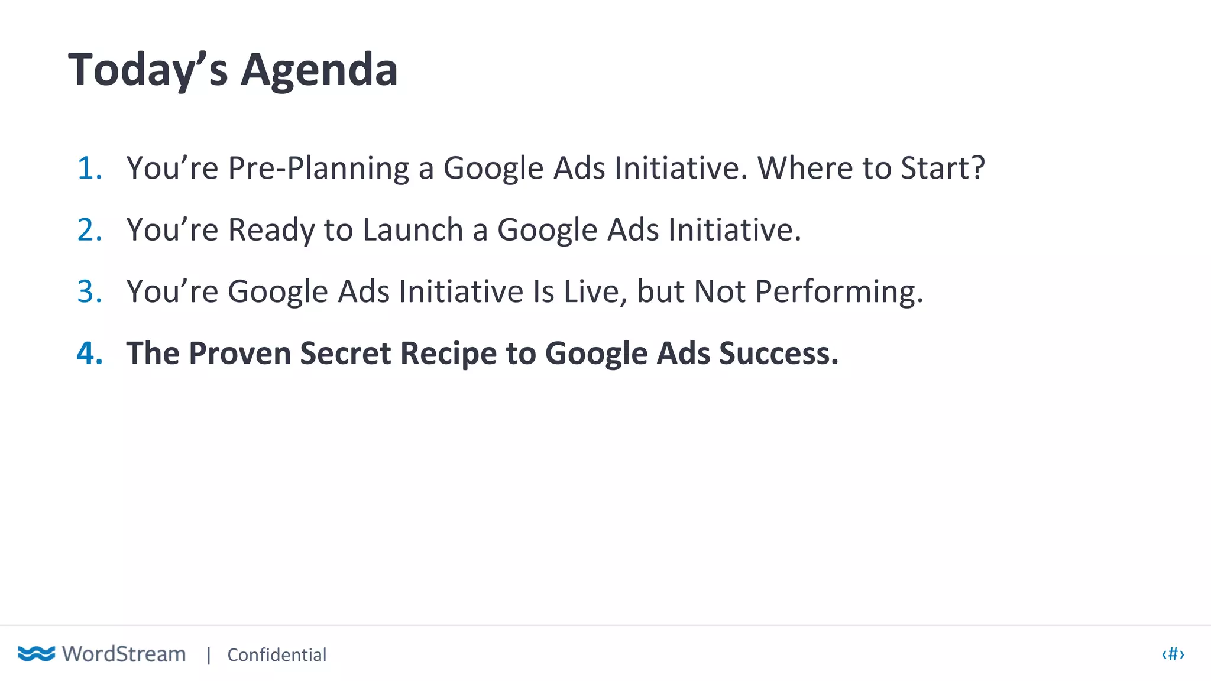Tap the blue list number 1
(89, 168)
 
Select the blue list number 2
(89, 230)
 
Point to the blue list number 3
(89, 291)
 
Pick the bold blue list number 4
(89, 353)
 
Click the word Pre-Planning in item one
(319, 168)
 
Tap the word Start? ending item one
(943, 168)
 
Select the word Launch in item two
(413, 230)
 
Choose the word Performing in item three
(838, 293)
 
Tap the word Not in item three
(719, 291)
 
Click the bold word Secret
(345, 353)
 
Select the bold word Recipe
(449, 354)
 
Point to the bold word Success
(778, 353)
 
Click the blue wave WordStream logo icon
(36, 654)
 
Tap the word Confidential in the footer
(277, 655)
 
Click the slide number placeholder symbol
(1173, 654)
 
